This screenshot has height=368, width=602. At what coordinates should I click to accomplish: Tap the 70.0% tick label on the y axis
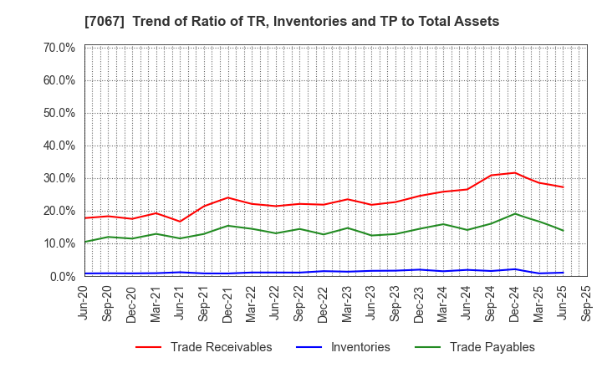[59, 48]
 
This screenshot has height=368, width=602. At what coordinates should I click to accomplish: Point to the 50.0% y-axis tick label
[59, 113]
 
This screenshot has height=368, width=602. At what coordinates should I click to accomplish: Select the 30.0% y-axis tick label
[59, 178]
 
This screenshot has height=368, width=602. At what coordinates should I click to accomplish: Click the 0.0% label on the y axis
[62, 276]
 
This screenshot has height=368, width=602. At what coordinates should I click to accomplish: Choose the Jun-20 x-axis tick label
[84, 302]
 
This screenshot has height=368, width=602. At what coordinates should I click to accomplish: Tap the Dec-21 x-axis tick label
[228, 302]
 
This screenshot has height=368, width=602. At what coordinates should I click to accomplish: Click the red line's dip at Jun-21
[180, 222]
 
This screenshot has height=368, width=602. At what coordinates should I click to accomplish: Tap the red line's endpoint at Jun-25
[563, 187]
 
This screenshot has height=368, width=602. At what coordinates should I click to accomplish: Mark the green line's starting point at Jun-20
[84, 242]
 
